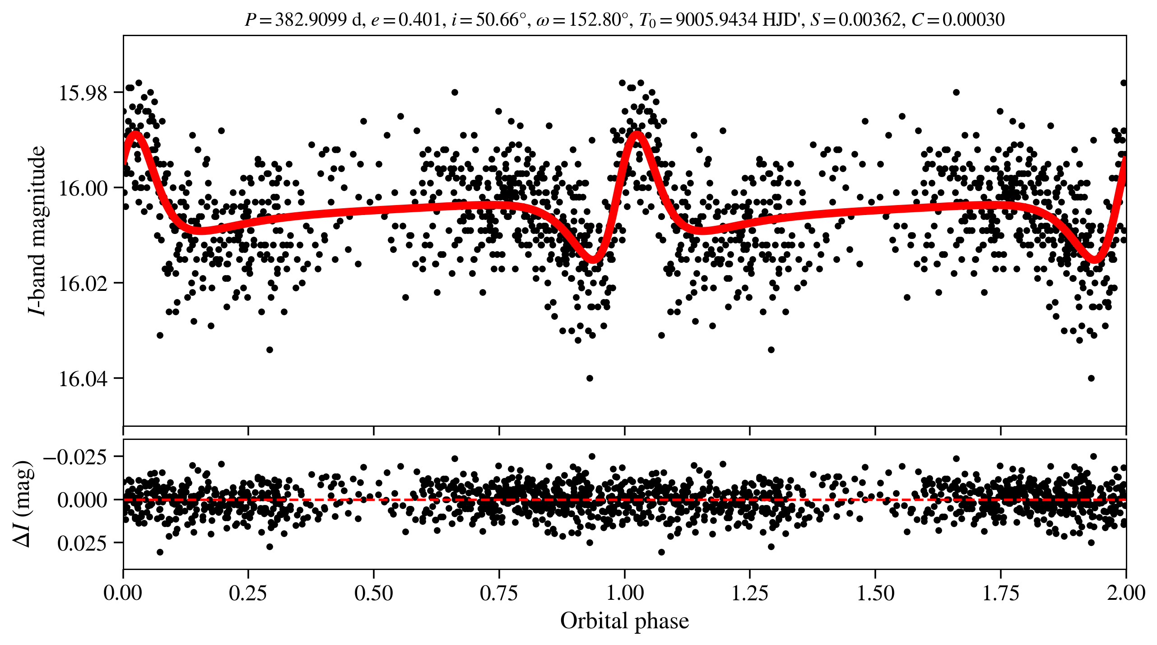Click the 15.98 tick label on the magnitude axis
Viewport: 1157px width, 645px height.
click(77, 93)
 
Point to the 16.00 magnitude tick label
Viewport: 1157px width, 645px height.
click(77, 188)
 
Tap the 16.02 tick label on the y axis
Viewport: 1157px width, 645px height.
click(77, 284)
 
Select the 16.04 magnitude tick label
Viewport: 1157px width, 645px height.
click(77, 379)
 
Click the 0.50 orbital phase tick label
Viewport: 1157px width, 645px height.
click(373, 593)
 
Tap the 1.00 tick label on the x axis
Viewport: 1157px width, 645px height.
click(624, 593)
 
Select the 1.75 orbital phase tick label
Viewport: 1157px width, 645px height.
click(1000, 593)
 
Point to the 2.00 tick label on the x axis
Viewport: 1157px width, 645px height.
click(1125, 593)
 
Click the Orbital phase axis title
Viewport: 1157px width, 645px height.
click(624, 621)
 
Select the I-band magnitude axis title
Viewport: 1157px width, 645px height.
click(37, 230)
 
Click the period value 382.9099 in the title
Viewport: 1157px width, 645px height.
click(311, 20)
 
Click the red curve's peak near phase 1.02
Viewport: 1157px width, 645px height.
click(637, 133)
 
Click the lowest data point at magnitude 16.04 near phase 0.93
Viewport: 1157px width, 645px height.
click(590, 378)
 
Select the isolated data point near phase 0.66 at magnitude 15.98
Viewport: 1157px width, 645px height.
click(455, 92)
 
